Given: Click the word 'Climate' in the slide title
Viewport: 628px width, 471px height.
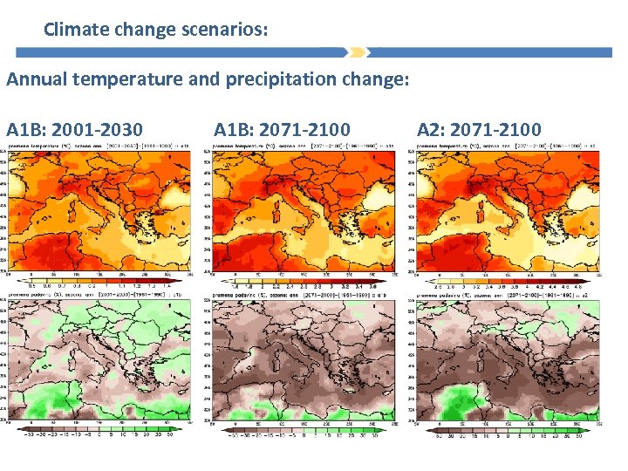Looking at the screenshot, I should [74, 30].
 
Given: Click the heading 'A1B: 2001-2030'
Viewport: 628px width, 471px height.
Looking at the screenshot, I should [74, 130].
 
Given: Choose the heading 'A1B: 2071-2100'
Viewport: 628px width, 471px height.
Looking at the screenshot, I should [282, 130].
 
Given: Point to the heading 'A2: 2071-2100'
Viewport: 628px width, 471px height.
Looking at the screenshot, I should [479, 130].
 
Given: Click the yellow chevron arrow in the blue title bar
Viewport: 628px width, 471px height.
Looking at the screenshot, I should [356, 52].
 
